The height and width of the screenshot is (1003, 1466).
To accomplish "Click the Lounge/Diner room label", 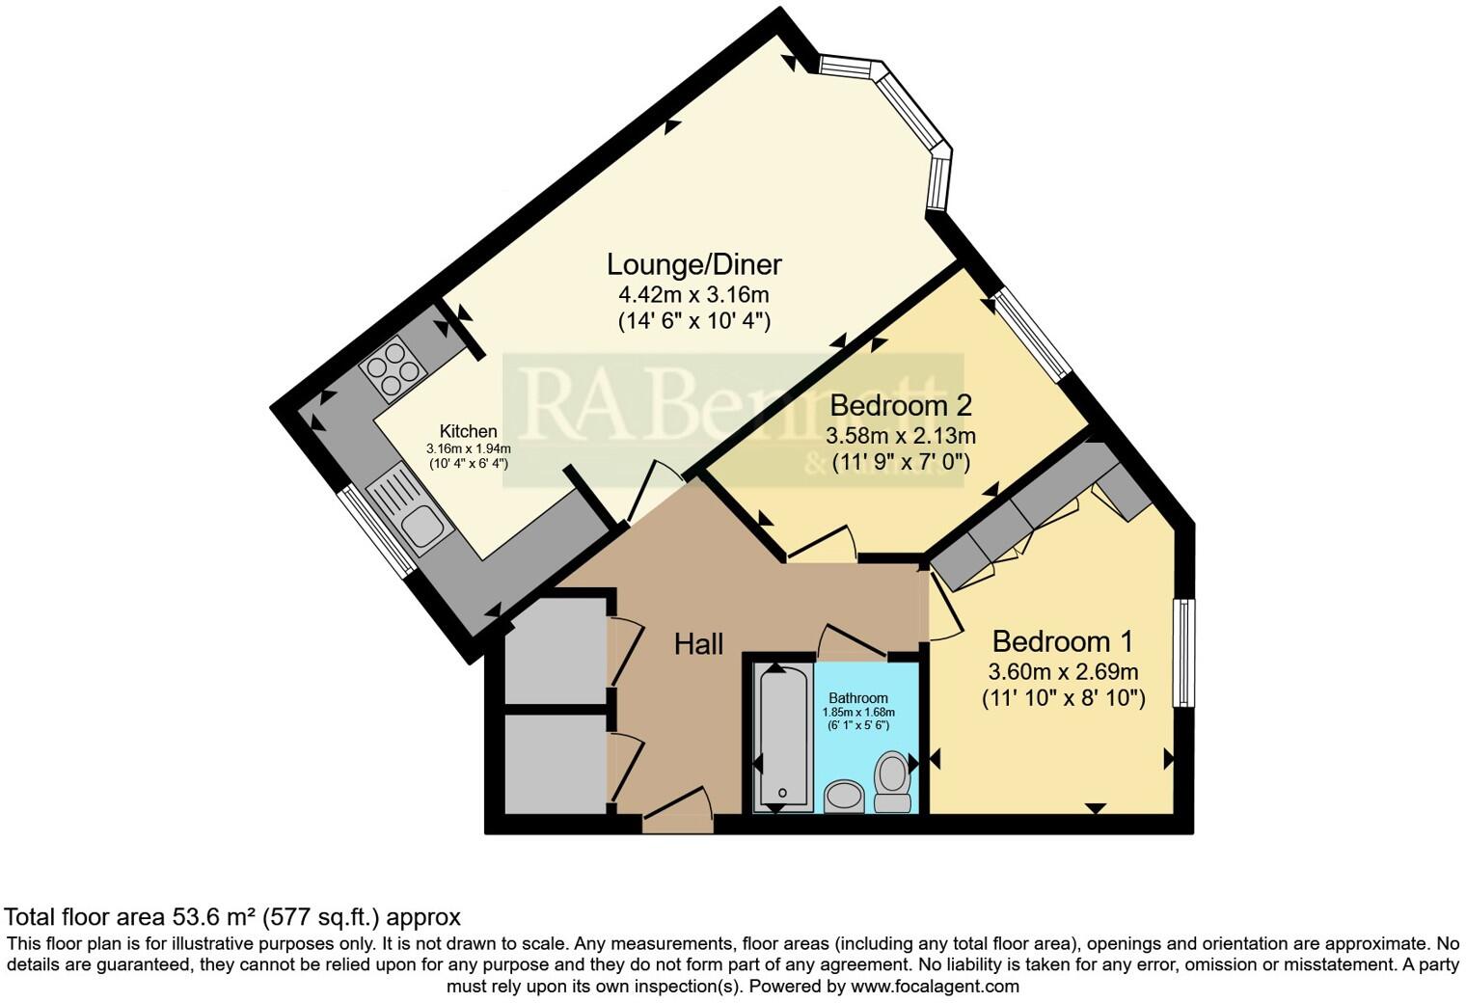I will tap(693, 264).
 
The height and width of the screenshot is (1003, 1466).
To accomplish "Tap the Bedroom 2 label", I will tap(900, 405).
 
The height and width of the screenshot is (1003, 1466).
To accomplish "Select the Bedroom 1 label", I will tap(1062, 641).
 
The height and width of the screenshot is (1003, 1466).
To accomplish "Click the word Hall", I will tap(698, 644).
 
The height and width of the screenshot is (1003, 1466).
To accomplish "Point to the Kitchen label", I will tap(468, 431).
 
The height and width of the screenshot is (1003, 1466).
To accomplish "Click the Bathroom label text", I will tap(857, 698).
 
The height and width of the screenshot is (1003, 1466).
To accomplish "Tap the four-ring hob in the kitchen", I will tap(390, 369).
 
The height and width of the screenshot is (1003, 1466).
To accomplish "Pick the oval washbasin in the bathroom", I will tap(846, 797).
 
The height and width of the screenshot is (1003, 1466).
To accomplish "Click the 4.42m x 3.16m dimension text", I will tap(693, 294).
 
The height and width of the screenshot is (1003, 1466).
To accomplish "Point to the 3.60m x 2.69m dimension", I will tap(1063, 671).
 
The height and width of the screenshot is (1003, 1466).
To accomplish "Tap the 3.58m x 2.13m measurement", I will tap(901, 435).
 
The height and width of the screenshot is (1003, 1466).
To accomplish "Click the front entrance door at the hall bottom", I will tap(677, 818).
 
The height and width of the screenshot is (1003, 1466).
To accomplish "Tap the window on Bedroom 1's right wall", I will tap(1183, 653).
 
